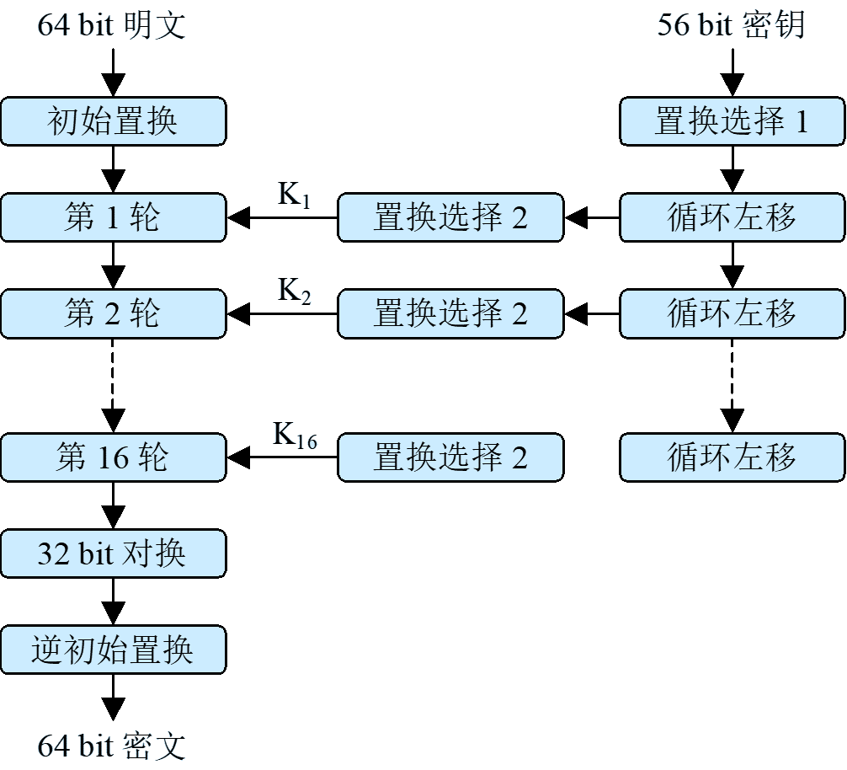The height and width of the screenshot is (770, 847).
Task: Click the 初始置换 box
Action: click(x=113, y=121)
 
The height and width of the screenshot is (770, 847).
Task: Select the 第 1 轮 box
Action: click(x=113, y=218)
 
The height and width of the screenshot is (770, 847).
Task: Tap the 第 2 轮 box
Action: click(x=113, y=314)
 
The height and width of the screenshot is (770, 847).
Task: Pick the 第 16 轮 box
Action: click(x=113, y=457)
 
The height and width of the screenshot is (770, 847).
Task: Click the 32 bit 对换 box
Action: click(x=113, y=553)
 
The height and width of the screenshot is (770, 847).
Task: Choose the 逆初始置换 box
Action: click(x=113, y=650)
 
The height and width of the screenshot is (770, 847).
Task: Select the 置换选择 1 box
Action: click(x=732, y=121)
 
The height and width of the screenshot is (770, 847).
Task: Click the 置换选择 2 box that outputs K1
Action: click(x=450, y=218)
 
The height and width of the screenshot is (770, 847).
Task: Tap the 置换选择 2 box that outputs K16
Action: click(x=450, y=457)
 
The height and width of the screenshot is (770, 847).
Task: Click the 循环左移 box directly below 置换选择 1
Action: click(x=732, y=218)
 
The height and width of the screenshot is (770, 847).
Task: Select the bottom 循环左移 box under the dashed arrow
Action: click(x=732, y=457)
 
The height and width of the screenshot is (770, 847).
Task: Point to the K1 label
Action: click(x=295, y=195)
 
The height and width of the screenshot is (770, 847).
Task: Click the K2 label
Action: click(x=295, y=291)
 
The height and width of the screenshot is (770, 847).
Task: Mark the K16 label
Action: click(x=295, y=435)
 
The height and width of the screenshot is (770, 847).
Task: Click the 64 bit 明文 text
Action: click(x=111, y=25)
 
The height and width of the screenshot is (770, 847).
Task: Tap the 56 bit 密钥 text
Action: click(x=731, y=25)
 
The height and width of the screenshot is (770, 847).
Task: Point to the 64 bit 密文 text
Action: click(x=111, y=746)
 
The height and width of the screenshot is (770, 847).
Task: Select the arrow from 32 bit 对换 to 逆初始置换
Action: click(x=113, y=602)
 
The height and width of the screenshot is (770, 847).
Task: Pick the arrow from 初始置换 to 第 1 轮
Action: click(x=113, y=169)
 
